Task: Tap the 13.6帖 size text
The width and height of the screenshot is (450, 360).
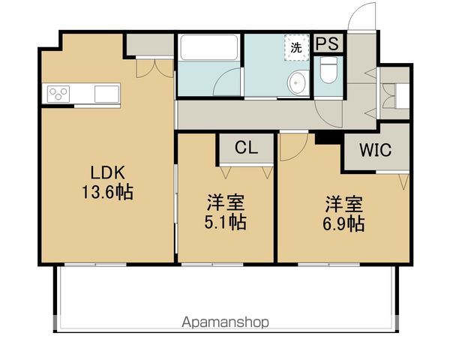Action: [x=107, y=192]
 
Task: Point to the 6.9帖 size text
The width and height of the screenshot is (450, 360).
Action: [x=345, y=223]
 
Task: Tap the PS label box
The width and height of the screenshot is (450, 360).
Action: [x=326, y=43]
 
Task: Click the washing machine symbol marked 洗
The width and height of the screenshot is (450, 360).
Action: [x=296, y=46]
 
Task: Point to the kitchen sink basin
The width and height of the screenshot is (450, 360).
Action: [x=106, y=94]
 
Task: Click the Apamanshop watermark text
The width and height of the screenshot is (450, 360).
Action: [x=225, y=322]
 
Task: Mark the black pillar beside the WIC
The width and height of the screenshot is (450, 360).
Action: [x=325, y=137]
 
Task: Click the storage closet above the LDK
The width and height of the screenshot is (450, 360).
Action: [x=149, y=44]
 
